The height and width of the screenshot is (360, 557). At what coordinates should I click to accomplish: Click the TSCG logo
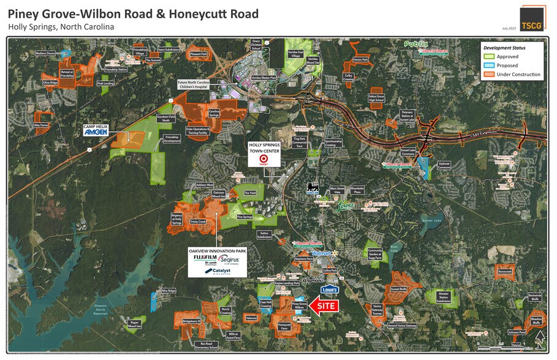531,18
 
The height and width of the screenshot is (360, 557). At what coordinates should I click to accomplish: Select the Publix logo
414,44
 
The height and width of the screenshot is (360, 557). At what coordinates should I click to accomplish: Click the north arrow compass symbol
539,338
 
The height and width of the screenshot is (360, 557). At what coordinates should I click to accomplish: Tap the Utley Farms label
43,124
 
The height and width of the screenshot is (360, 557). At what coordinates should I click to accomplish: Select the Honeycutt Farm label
284,326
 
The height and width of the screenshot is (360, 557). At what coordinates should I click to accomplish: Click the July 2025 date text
509,28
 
